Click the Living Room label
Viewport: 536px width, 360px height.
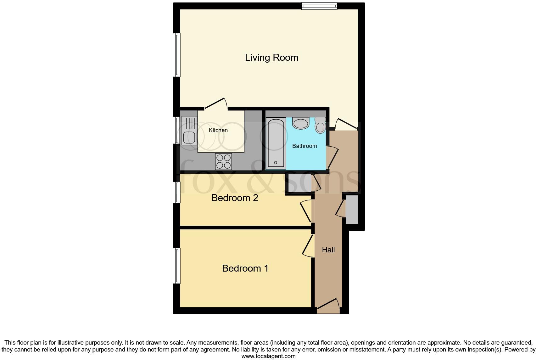coord(271,58)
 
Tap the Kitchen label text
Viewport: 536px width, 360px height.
coord(218,130)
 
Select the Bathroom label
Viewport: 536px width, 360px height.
coord(304,146)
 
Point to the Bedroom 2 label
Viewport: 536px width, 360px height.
coord(235,198)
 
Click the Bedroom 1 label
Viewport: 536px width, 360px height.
coord(245,268)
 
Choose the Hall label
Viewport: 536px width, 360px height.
coord(328,250)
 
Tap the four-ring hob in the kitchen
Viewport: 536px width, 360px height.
coord(223,161)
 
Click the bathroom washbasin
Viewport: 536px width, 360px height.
coord(301,123)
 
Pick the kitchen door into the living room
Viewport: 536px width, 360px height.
coord(216,104)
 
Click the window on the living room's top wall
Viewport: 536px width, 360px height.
coord(319,6)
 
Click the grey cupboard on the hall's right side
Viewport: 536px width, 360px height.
coord(352,210)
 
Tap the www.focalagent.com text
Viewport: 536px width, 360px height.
coord(268,356)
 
